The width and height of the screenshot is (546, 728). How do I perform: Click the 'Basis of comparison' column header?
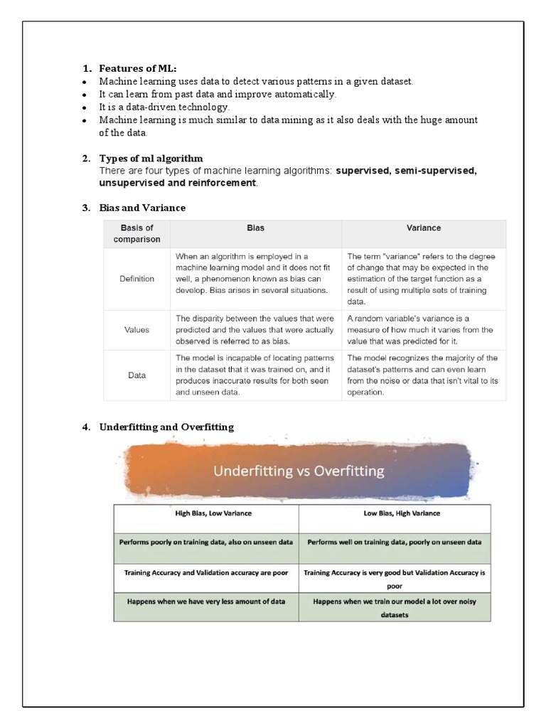coord(137,233)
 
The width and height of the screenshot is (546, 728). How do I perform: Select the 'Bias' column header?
coord(255,228)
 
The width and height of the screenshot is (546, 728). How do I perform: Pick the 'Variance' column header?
coord(424,228)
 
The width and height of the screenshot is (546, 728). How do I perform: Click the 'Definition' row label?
coord(137,279)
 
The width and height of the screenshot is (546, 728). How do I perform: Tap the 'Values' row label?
coord(137,330)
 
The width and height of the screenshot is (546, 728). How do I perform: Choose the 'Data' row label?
coord(137,375)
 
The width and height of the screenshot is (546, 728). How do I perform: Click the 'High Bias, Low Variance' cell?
coord(205,513)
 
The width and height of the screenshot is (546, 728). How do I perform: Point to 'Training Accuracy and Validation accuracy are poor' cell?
coord(205,572)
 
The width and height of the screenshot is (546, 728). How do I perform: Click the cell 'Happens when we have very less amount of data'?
coord(205,601)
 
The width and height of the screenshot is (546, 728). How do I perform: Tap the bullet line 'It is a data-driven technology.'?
coord(164,107)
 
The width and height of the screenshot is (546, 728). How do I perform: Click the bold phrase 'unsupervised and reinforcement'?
coord(178,183)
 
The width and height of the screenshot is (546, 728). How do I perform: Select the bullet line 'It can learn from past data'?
coord(218,95)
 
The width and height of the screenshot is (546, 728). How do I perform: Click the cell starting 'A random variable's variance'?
coord(421,330)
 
